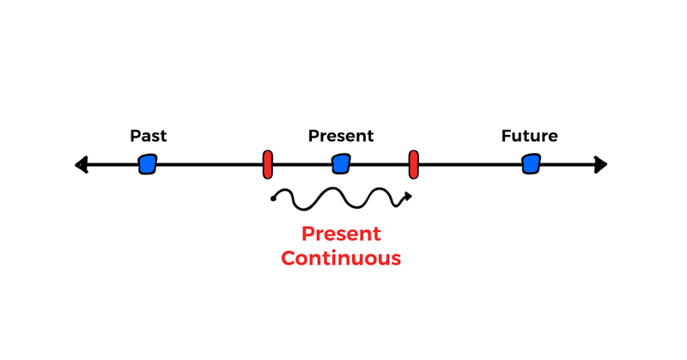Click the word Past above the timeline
point(148,136)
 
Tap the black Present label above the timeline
point(340,136)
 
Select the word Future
point(529,136)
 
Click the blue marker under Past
point(148,164)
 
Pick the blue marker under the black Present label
point(341,163)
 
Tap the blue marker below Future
point(532,163)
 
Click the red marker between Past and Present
point(268,164)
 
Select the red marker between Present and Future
point(414,164)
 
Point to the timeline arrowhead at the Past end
point(82,164)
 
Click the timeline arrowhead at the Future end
point(601,164)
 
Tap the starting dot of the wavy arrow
point(273,198)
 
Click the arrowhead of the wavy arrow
point(408,197)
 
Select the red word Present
point(341,234)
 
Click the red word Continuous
point(341,258)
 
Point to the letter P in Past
point(135,136)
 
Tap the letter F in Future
point(506,136)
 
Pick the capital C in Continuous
point(289,258)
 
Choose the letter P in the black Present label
point(313,136)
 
